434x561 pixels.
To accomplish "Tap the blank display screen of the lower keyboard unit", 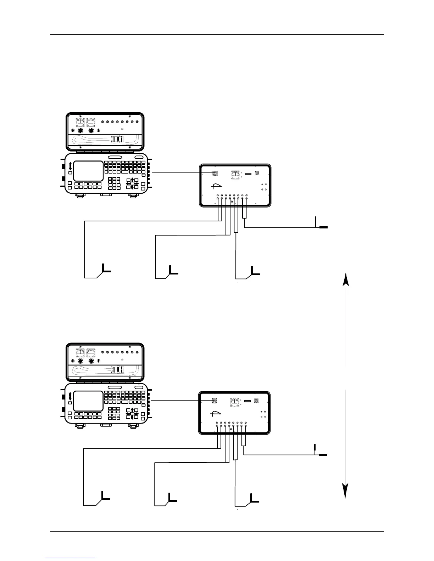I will click(88, 401).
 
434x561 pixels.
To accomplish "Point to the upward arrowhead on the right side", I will click(346, 278).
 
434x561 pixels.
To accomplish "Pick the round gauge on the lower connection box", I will click(234, 402).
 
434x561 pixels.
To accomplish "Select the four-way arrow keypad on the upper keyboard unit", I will click(132, 183).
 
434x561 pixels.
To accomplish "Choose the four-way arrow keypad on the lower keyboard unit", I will click(132, 413).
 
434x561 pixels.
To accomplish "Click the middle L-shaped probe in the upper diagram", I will click(173, 270).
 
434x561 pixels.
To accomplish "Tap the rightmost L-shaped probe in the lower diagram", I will click(254, 498).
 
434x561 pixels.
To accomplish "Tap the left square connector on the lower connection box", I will click(214, 401).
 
